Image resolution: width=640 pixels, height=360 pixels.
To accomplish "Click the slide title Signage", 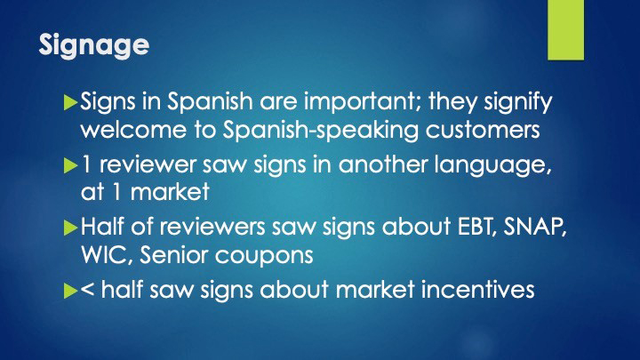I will coord(94,45).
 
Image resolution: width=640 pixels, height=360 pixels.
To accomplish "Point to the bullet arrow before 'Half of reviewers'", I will coord(71,227).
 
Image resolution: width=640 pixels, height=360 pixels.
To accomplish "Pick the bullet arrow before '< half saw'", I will coord(71,290).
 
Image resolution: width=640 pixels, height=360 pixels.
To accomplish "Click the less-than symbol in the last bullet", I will coord(88,291).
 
